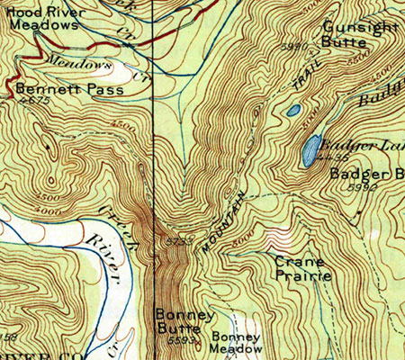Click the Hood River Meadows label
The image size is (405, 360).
pos(44,19)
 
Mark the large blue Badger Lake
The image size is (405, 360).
pos(310,149)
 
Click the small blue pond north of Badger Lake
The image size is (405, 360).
pos(293,111)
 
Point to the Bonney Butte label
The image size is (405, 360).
pos(184,321)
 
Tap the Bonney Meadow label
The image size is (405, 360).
pos(238,343)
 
